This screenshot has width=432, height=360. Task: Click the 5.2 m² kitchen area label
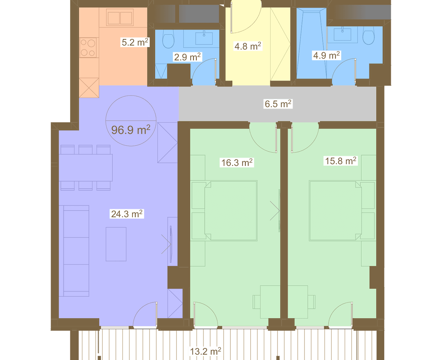coord(135,42)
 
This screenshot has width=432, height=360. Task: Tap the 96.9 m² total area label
coord(131,130)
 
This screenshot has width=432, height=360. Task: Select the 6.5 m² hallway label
coord(278,104)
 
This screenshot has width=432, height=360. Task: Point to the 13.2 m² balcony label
coord(206,351)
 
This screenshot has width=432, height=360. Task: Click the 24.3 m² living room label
coord(127,214)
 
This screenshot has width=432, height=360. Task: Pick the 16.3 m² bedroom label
coord(237,162)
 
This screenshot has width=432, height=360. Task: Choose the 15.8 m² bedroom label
coord(341,161)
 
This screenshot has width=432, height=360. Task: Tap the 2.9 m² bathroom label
coord(187,57)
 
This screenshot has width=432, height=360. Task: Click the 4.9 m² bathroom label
coord(326,55)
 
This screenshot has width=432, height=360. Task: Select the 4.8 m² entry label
coord(248,46)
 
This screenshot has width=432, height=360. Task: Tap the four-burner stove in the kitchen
coord(88,48)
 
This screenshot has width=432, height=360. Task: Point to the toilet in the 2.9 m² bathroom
coord(168,39)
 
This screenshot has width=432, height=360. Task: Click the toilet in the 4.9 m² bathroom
coord(369,35)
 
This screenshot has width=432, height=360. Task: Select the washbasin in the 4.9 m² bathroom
coord(342,34)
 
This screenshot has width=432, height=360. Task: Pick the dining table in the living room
coord(86,168)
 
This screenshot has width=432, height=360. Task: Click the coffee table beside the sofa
coord(116,244)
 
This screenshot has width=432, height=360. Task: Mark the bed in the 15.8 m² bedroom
coord(342,211)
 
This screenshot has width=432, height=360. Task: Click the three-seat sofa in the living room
coord(74,251)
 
